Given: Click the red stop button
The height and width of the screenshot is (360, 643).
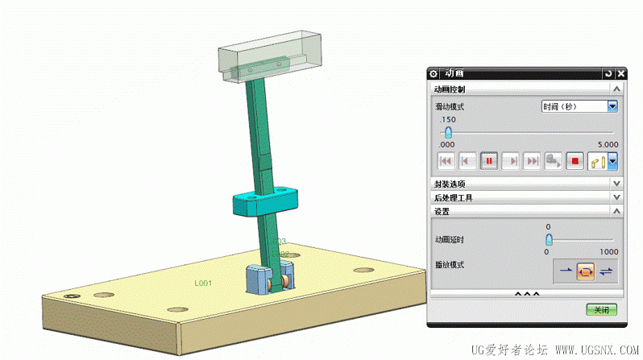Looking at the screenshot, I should [x=575, y=161].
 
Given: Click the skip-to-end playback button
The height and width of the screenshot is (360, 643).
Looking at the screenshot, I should [x=532, y=161].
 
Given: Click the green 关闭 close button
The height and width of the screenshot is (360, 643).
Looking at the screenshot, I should [x=601, y=309].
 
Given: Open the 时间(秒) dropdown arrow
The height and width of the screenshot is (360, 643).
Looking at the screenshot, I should [x=612, y=106].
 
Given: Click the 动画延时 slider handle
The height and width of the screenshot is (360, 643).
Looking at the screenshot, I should [x=550, y=240].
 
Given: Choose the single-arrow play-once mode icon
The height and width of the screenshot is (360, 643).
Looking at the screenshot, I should [x=566, y=271].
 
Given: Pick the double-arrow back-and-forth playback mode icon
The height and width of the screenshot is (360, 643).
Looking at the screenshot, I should [x=606, y=271].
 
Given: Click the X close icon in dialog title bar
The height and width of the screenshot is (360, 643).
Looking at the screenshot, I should [x=620, y=73].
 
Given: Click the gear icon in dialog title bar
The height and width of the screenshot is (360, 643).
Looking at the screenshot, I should [x=434, y=73].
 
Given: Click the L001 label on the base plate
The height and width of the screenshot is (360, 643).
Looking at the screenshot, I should [x=202, y=283].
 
